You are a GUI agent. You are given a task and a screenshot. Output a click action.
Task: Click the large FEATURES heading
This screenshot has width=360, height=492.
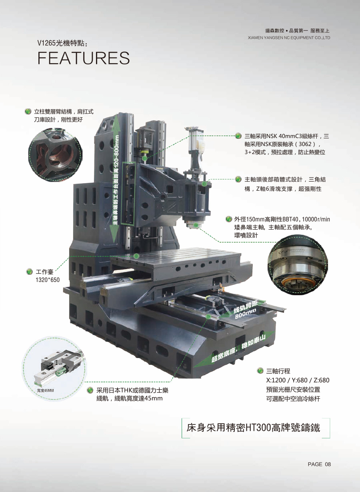click(84, 58)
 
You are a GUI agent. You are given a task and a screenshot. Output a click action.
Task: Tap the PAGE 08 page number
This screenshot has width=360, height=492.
click(319, 464)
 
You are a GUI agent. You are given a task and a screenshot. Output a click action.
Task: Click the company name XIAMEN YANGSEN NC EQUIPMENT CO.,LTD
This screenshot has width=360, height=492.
click(289, 38)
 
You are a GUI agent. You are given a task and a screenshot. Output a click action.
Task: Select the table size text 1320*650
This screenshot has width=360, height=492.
click(48, 280)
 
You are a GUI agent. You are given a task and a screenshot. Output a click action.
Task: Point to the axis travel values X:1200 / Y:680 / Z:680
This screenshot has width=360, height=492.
click(298, 380)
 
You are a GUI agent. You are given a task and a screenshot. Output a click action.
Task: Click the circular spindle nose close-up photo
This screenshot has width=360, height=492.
click(298, 265)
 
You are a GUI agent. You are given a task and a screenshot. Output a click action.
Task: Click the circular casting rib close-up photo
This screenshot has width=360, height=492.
click(55, 155)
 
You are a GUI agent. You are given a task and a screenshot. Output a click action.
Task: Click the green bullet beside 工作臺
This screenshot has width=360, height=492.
click(29, 272)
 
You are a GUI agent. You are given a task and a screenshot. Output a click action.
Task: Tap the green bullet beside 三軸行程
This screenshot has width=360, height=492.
click(260, 371)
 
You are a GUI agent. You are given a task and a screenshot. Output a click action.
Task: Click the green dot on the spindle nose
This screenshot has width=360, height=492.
click(196, 225)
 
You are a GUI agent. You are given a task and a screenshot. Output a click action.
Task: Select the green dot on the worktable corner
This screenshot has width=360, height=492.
click(136, 256)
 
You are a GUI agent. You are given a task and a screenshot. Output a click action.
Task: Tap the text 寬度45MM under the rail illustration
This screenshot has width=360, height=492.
click(46, 390)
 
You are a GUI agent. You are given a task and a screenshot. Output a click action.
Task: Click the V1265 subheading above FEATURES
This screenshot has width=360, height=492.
click(62, 43)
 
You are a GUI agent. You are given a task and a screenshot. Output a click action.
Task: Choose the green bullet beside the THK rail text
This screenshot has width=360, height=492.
click(90, 390)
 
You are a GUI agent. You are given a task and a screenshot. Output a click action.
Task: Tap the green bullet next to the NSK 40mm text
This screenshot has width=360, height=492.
click(238, 136)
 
